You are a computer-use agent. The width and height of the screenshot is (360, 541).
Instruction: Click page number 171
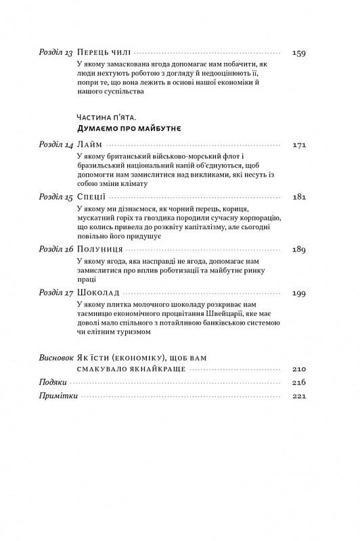tap(298, 145)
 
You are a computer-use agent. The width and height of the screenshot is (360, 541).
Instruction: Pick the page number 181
tap(298, 197)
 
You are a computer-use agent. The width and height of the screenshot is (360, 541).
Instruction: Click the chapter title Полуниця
tap(100, 249)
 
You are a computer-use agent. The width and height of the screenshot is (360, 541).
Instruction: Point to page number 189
tap(298, 249)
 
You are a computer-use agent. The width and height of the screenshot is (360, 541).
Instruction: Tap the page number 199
tap(298, 293)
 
